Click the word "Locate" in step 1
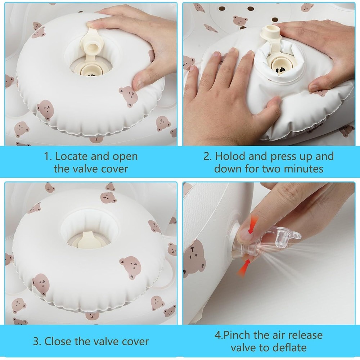point(72,156)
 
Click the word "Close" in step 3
point(58,341)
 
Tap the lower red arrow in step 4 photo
point(244,268)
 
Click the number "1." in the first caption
point(48,157)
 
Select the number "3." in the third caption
point(37,341)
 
